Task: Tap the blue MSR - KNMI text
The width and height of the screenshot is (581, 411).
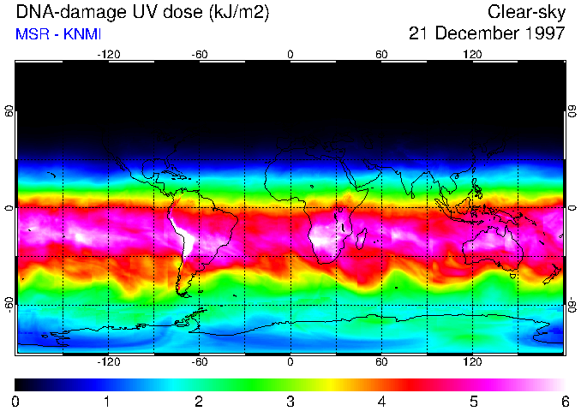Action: point(54,34)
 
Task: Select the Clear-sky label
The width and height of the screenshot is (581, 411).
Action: point(526,12)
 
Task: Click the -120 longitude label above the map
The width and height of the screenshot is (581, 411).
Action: point(108,54)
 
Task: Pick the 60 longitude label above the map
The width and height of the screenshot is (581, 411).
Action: point(381,54)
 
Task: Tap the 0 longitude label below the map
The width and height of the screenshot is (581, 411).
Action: point(290,361)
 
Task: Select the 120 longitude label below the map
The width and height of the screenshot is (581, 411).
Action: point(472,361)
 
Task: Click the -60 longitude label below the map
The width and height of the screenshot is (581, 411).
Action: point(199,361)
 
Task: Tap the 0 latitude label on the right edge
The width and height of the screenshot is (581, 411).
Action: point(572,208)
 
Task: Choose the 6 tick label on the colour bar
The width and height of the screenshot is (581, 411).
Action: point(565,401)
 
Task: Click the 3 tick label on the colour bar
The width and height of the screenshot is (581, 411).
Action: point(290,401)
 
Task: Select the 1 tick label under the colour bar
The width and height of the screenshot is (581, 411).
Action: point(107,401)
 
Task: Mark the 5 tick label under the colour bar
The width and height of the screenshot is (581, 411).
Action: point(473,401)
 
